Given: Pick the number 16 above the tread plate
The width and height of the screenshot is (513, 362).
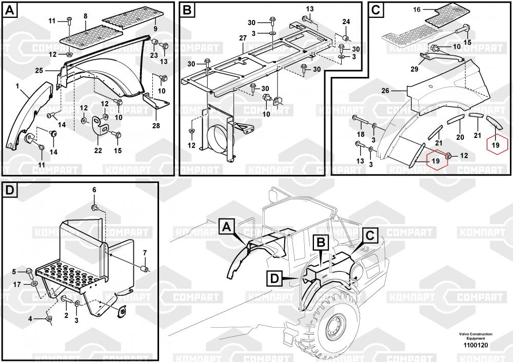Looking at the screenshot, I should [x=417, y=9].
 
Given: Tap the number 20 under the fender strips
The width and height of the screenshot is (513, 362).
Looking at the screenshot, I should [x=460, y=137].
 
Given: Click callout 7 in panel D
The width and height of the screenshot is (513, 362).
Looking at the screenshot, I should [x=145, y=252].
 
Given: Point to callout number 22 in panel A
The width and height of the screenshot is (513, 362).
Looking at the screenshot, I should [x=98, y=150].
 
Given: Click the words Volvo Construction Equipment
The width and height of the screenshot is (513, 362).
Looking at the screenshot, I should [x=476, y=336].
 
